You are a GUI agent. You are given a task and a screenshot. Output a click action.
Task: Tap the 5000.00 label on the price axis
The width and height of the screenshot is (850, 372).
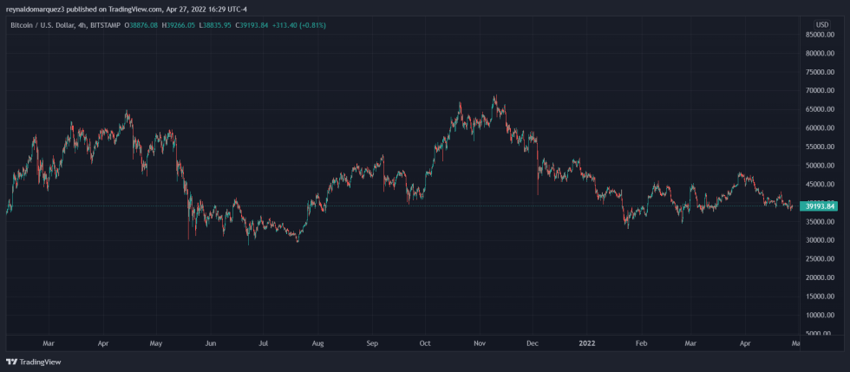click(822, 333)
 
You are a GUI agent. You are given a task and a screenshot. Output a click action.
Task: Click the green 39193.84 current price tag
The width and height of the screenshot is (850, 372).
click(820, 206)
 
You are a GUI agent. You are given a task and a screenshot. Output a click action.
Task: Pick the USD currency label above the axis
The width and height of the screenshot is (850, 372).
click(821, 24)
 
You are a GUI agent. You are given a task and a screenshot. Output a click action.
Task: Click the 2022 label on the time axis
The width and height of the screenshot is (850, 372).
click(587, 343)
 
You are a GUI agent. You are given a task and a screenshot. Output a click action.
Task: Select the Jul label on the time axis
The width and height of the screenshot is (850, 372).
click(265, 343)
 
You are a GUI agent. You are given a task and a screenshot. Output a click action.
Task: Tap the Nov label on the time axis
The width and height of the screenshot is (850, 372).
click(478, 343)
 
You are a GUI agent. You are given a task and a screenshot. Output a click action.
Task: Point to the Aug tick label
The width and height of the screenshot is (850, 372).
click(317, 343)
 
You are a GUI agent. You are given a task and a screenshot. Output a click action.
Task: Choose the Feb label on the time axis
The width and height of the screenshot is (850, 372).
click(641, 343)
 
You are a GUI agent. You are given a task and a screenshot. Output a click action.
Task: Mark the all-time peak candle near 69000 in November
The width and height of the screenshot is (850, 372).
click(494, 96)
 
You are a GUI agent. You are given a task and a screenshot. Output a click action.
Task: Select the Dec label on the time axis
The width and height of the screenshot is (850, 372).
click(533, 343)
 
